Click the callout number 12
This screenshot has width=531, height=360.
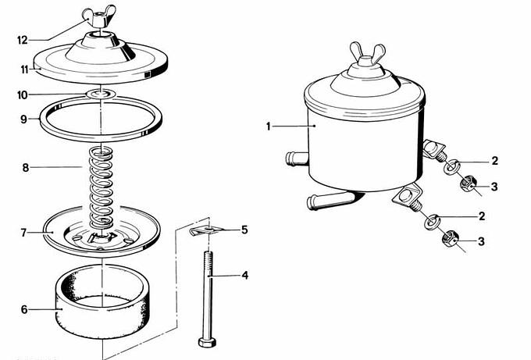(x=23, y=41)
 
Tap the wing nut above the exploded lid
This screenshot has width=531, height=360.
(x=98, y=16)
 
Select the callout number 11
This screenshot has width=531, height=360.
(x=24, y=70)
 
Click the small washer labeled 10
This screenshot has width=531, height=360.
(x=101, y=94)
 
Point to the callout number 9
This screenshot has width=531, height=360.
(x=23, y=119)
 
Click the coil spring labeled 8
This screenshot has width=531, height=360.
(x=102, y=187)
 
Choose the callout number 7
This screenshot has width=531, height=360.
(x=23, y=233)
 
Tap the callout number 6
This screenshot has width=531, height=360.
(x=24, y=309)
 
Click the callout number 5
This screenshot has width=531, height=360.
(x=244, y=230)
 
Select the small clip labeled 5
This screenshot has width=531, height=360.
(x=205, y=230)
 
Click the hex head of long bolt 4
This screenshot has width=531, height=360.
(x=207, y=342)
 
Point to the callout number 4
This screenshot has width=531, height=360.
(x=244, y=276)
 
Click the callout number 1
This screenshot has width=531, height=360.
(x=268, y=127)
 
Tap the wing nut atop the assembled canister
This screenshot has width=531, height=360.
(x=367, y=55)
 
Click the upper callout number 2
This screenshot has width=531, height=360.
(x=495, y=161)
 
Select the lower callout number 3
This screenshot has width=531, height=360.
(x=481, y=241)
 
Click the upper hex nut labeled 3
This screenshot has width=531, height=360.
(x=469, y=184)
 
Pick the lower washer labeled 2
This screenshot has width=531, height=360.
(x=431, y=222)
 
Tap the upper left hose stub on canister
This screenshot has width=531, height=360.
(x=297, y=159)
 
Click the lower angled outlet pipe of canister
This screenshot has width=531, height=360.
(x=330, y=201)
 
